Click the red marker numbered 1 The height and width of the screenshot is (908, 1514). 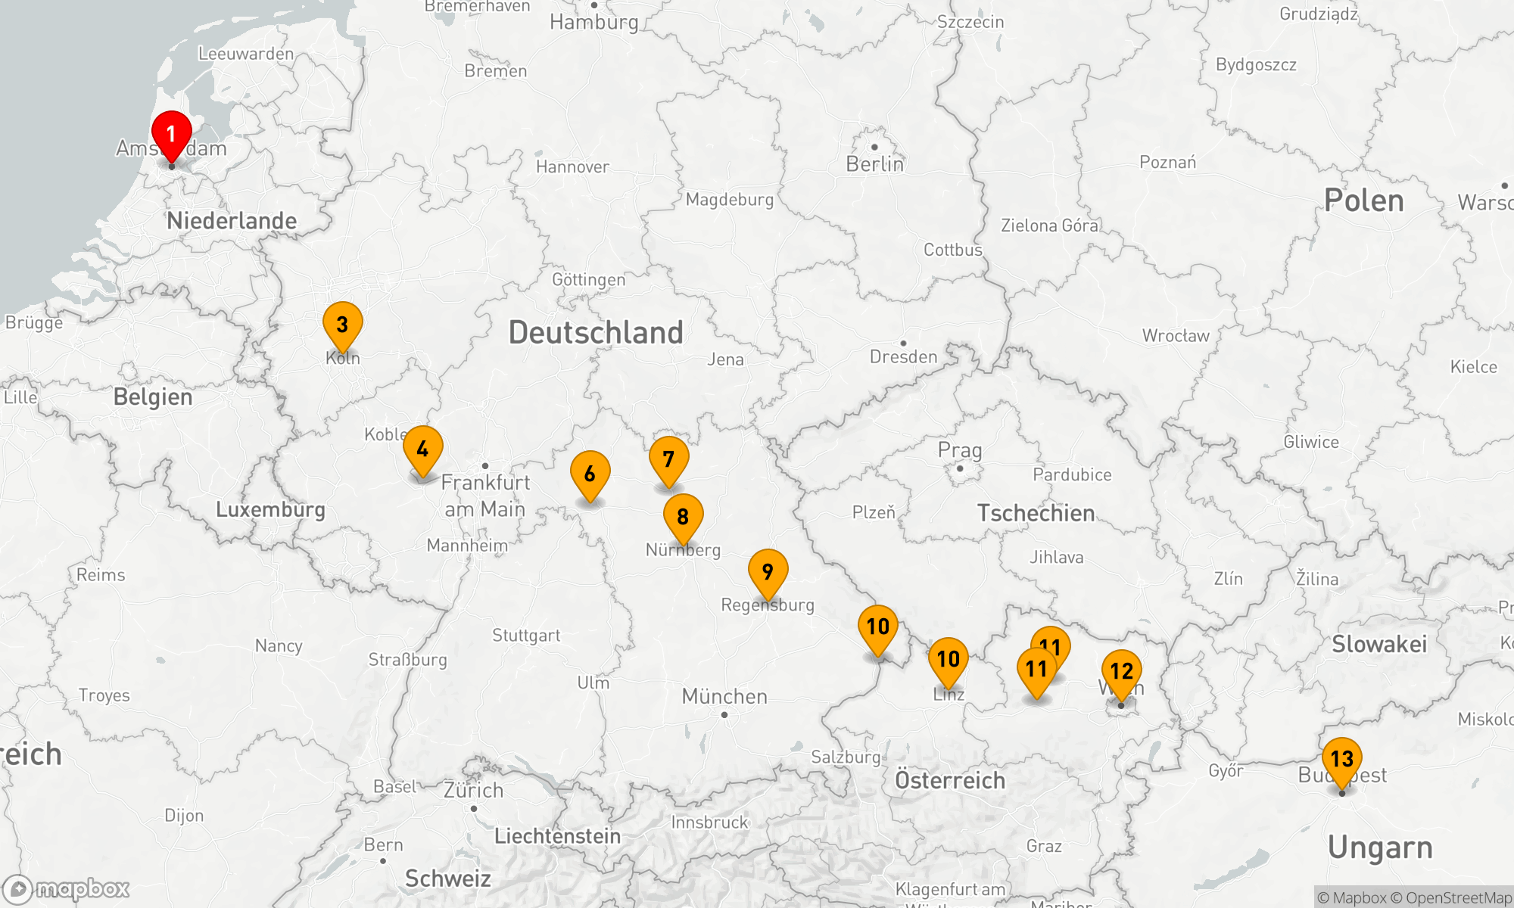click(x=171, y=135)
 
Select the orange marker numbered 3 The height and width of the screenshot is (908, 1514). click(x=342, y=325)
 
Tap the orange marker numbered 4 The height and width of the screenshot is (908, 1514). click(x=422, y=449)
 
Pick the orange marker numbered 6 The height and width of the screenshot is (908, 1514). click(x=590, y=474)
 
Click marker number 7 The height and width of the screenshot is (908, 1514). click(x=668, y=459)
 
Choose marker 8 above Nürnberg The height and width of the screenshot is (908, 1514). click(x=683, y=517)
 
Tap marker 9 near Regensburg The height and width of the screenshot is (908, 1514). click(x=768, y=572)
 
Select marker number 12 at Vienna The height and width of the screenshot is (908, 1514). click(x=1121, y=671)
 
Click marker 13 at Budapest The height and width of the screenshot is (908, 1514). click(x=1341, y=759)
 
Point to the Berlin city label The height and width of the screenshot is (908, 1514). click(x=874, y=164)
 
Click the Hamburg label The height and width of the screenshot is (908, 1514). click(x=594, y=22)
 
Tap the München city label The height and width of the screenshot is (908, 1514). click(x=724, y=696)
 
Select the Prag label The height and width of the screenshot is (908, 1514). click(x=960, y=450)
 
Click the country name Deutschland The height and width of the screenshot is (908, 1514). click(x=596, y=333)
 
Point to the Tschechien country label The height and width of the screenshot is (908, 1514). click(x=1036, y=513)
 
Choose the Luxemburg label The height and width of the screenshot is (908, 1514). click(x=270, y=509)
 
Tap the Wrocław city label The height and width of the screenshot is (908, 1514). click(x=1176, y=336)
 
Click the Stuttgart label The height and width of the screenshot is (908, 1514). click(x=526, y=636)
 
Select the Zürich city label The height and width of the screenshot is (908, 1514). click(x=473, y=791)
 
